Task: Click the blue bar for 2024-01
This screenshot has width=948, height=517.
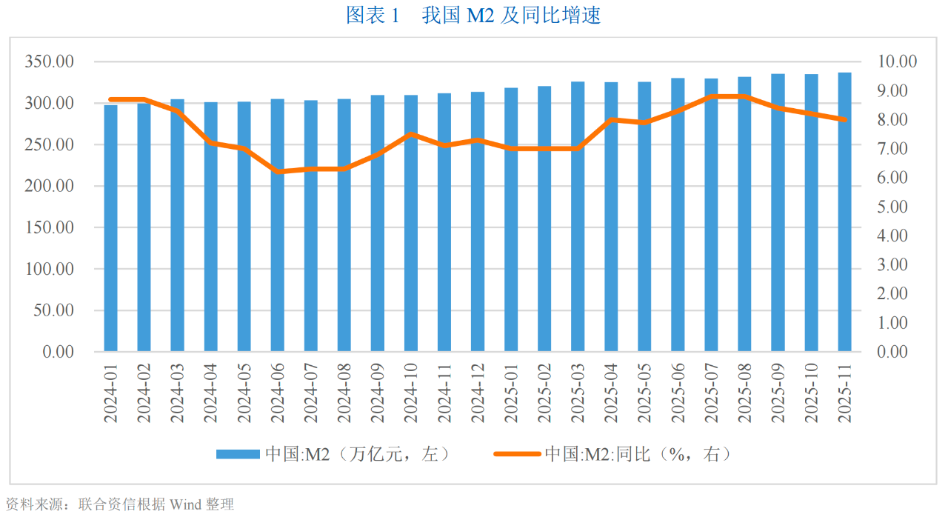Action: (x=110, y=227)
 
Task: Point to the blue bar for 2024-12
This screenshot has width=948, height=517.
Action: (x=478, y=221)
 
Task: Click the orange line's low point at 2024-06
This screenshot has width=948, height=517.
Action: (x=278, y=172)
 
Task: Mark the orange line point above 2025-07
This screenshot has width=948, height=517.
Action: (x=711, y=96)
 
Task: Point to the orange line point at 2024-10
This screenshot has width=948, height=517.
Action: (x=411, y=134)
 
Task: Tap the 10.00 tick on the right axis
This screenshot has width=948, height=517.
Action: (x=897, y=61)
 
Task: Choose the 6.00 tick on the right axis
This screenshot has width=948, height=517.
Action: (x=897, y=178)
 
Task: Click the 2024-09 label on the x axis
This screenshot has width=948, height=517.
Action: (x=378, y=393)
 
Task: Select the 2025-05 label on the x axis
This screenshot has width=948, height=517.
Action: (x=644, y=393)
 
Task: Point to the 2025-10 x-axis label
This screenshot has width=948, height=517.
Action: (x=811, y=393)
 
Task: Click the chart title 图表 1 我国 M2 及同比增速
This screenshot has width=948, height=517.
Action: (x=474, y=16)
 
